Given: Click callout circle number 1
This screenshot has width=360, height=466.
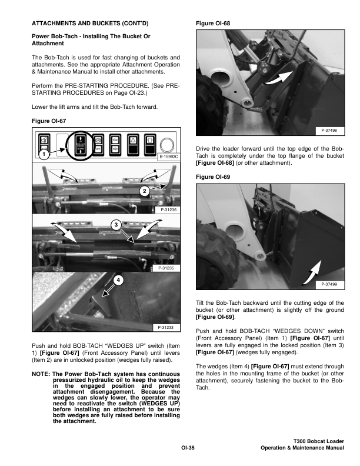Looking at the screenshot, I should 43,154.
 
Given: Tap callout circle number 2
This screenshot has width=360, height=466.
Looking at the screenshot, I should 145,191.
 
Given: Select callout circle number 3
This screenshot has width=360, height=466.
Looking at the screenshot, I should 116,225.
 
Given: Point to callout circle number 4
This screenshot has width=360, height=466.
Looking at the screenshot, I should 119,280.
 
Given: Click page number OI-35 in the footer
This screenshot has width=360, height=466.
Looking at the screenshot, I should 188,448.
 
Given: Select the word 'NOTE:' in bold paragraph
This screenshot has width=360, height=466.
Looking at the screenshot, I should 41,374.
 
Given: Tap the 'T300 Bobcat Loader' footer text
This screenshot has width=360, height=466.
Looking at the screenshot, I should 318,441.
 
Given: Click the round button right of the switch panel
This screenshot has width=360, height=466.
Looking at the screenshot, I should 167,143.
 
